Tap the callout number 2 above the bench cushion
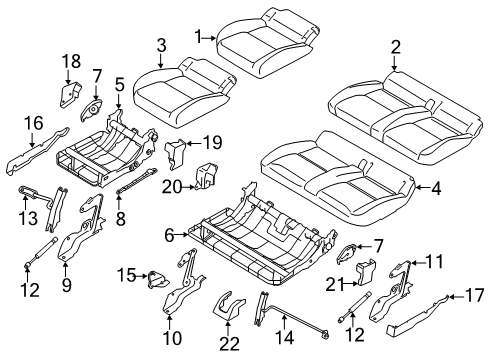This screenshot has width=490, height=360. pyautogui.click(x=395, y=46)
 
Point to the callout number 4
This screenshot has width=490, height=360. pyautogui.click(x=434, y=186)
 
